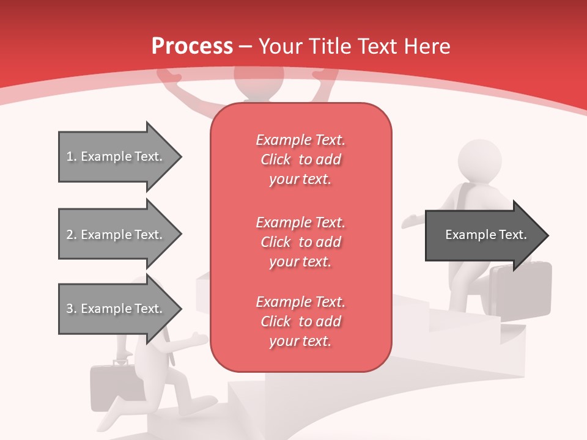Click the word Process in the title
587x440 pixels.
coord(192,46)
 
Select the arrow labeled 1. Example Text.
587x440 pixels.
coord(116,156)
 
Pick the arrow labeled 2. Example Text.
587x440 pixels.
coord(116,235)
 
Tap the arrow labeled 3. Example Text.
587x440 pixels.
coord(116,309)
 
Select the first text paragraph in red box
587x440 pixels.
coord(300,159)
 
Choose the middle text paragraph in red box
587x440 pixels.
coord(300,242)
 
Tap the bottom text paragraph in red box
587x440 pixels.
coord(300,321)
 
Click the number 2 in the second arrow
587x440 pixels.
coord(69,235)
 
